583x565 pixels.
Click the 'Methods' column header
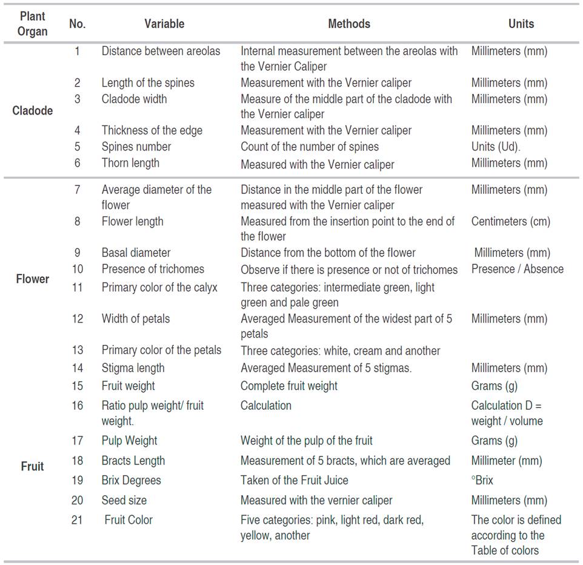tap(348, 24)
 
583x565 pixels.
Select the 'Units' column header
tap(521, 24)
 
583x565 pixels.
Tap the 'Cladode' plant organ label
tap(33, 111)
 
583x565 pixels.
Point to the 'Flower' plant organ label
tap(33, 279)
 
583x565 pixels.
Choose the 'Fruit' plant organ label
tap(33, 467)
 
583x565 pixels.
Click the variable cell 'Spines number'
tap(136, 147)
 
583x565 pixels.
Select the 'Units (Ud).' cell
tap(496, 147)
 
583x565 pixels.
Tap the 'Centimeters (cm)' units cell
tap(510, 221)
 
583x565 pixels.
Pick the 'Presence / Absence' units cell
tap(517, 269)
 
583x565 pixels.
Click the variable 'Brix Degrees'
tap(132, 481)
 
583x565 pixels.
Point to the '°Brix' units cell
tap(482, 481)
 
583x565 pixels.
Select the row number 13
tap(77, 350)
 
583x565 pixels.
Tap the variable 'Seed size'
tap(124, 501)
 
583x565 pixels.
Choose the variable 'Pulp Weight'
tap(129, 441)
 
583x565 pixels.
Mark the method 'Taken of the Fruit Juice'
tap(295, 481)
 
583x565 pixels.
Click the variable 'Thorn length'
tap(130, 163)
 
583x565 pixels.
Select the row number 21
tap(77, 520)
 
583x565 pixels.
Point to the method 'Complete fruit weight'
tap(289, 386)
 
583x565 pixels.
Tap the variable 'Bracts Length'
tap(133, 461)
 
